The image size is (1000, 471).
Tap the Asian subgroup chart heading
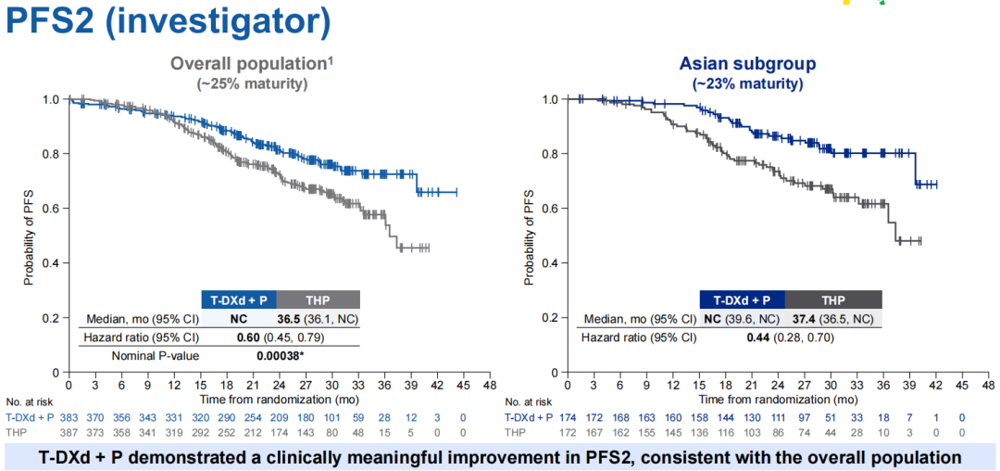click(x=747, y=64)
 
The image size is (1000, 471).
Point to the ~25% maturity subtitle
click(x=251, y=83)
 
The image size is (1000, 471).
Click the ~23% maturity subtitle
click(x=747, y=83)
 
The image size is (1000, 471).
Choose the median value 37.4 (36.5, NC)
click(x=831, y=318)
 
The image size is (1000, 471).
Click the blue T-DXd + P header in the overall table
click(x=239, y=299)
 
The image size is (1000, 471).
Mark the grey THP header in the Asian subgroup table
click(x=832, y=299)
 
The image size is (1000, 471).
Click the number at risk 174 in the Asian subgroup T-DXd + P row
click(x=567, y=419)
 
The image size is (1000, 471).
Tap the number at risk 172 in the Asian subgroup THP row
click(x=567, y=433)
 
